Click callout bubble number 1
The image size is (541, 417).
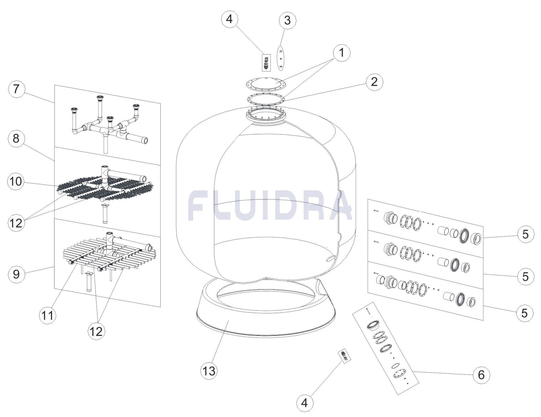coord(341,53)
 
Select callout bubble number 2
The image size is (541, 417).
coord(374,82)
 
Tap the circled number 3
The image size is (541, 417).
coord(287,20)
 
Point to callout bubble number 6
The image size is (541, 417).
coord(481,375)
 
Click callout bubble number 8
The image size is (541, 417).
coord(16,138)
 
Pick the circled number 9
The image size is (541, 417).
coord(16,274)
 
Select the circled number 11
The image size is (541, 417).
coord(48,315)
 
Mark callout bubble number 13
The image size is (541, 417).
coord(209,371)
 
